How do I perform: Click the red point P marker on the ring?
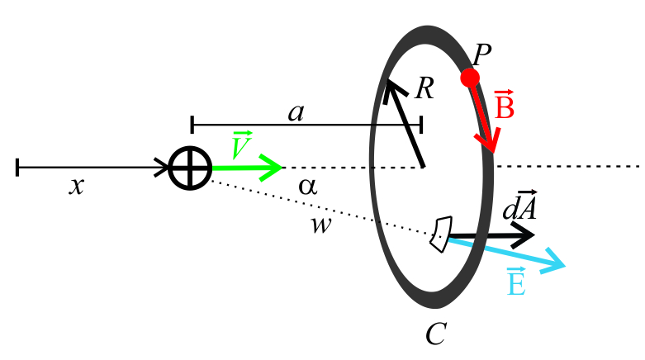coord(470,78)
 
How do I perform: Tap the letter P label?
coord(483,55)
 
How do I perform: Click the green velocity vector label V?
coord(242,144)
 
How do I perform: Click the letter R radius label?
coord(424,88)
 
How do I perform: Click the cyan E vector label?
coord(516,283)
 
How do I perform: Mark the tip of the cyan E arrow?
coord(564,266)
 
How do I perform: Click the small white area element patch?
coord(441,233)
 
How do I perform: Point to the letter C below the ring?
coord(436,334)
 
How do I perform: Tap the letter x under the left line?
coord(76,187)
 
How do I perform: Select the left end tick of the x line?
coord(17,168)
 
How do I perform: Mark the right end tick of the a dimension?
coord(421,125)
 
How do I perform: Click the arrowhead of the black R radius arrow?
coord(387,83)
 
